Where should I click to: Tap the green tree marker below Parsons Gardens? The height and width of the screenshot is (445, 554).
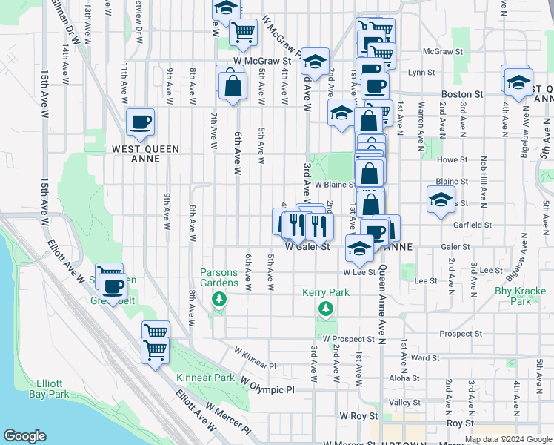(218, 299)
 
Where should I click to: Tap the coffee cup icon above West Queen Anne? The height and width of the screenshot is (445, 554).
(139, 122)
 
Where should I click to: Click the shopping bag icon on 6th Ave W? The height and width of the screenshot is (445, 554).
(233, 84)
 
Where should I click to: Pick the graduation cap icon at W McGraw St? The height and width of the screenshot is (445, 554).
(316, 62)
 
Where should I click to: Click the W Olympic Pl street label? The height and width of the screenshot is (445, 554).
(267, 383)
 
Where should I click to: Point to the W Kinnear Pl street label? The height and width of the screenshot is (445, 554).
(255, 357)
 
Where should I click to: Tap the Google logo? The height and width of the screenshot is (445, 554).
(24, 436)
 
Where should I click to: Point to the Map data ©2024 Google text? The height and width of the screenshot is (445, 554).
(507, 439)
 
